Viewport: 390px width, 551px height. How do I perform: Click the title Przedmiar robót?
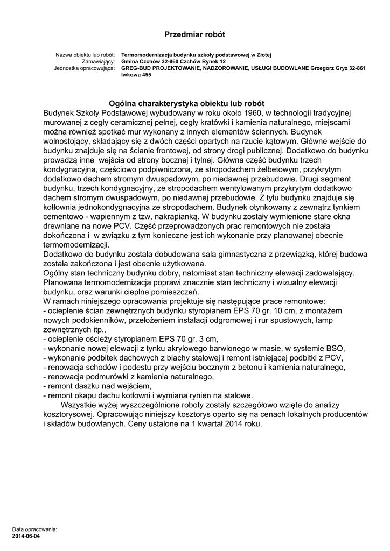click(x=194, y=34)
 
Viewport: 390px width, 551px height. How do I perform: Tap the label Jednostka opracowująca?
click(x=85, y=68)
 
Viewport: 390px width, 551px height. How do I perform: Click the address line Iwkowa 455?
click(x=136, y=75)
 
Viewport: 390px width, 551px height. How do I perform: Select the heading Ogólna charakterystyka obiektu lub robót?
click(x=186, y=103)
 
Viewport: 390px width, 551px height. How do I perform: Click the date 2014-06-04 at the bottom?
click(x=26, y=536)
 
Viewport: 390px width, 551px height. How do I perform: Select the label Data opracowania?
click(x=34, y=529)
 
